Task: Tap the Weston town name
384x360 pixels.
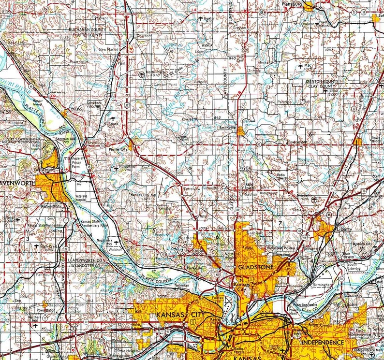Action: point(76,110)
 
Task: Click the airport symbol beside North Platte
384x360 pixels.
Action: point(141,74)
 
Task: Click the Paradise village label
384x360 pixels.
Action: point(284,102)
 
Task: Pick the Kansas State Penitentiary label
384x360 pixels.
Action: point(44,225)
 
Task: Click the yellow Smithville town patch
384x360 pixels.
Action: point(240,130)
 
